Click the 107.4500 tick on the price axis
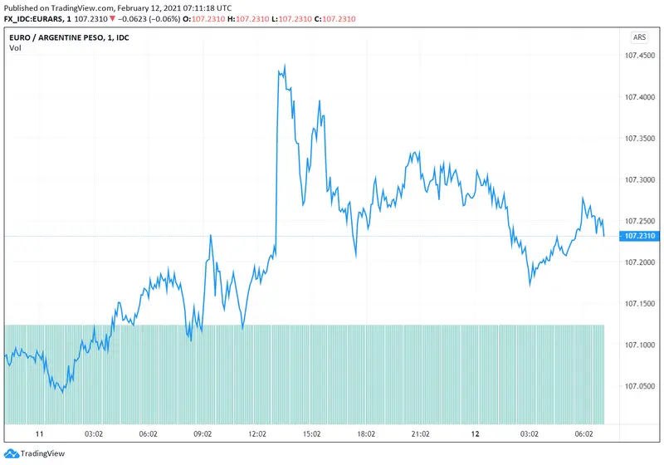[639, 56]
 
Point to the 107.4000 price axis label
[639, 97]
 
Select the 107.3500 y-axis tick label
[639, 139]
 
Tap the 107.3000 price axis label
[639, 179]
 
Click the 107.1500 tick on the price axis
[639, 304]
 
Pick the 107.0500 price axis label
[639, 386]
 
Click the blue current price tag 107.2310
[639, 237]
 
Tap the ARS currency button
[639, 37]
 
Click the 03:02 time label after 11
[94, 434]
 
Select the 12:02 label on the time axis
[257, 434]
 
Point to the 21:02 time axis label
[421, 434]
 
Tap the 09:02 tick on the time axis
[203, 434]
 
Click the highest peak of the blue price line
[285, 65]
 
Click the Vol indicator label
[15, 48]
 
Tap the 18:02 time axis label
[366, 434]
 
